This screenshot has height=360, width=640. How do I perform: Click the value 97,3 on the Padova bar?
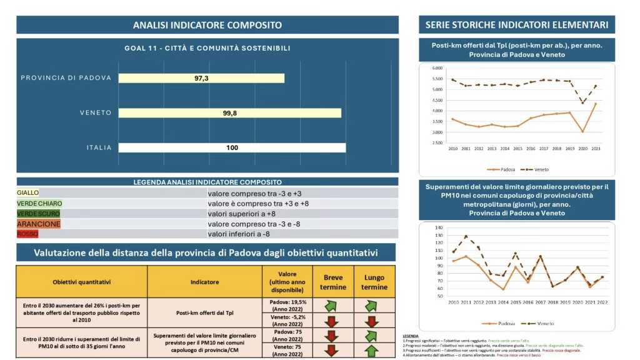click(x=201, y=78)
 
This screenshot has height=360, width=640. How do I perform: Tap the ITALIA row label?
click(x=99, y=148)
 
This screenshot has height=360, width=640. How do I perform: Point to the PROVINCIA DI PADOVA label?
click(x=66, y=78)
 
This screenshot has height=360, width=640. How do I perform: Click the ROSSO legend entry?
click(x=29, y=234)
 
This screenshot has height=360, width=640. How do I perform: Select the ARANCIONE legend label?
click(x=39, y=224)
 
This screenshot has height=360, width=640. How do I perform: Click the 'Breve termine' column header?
click(x=332, y=282)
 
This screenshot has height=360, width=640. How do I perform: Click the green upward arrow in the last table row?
click(x=372, y=351)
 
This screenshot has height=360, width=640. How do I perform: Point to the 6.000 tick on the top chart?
click(x=437, y=67)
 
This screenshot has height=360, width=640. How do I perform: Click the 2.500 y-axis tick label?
click(x=437, y=143)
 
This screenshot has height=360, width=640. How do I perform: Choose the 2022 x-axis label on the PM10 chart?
click(x=602, y=302)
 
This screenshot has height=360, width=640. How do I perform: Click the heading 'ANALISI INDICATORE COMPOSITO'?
click(x=207, y=25)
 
